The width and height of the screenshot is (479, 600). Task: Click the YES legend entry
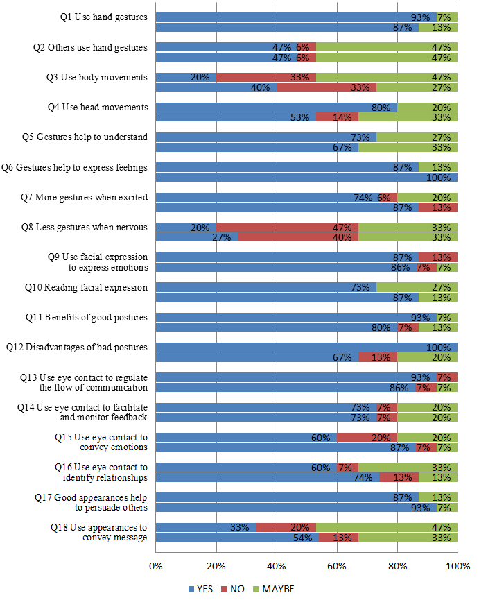(200, 588)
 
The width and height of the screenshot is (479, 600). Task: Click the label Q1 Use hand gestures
(104, 17)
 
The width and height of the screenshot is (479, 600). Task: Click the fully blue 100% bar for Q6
(306, 178)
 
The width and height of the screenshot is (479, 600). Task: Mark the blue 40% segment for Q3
(216, 87)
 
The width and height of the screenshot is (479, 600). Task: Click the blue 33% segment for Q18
(206, 526)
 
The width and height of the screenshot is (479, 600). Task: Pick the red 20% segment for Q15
(367, 437)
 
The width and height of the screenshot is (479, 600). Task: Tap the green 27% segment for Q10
(417, 287)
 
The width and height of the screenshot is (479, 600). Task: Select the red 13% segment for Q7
(437, 207)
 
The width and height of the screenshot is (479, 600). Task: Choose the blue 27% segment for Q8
(197, 237)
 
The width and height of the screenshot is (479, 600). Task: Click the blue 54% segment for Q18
(237, 538)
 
